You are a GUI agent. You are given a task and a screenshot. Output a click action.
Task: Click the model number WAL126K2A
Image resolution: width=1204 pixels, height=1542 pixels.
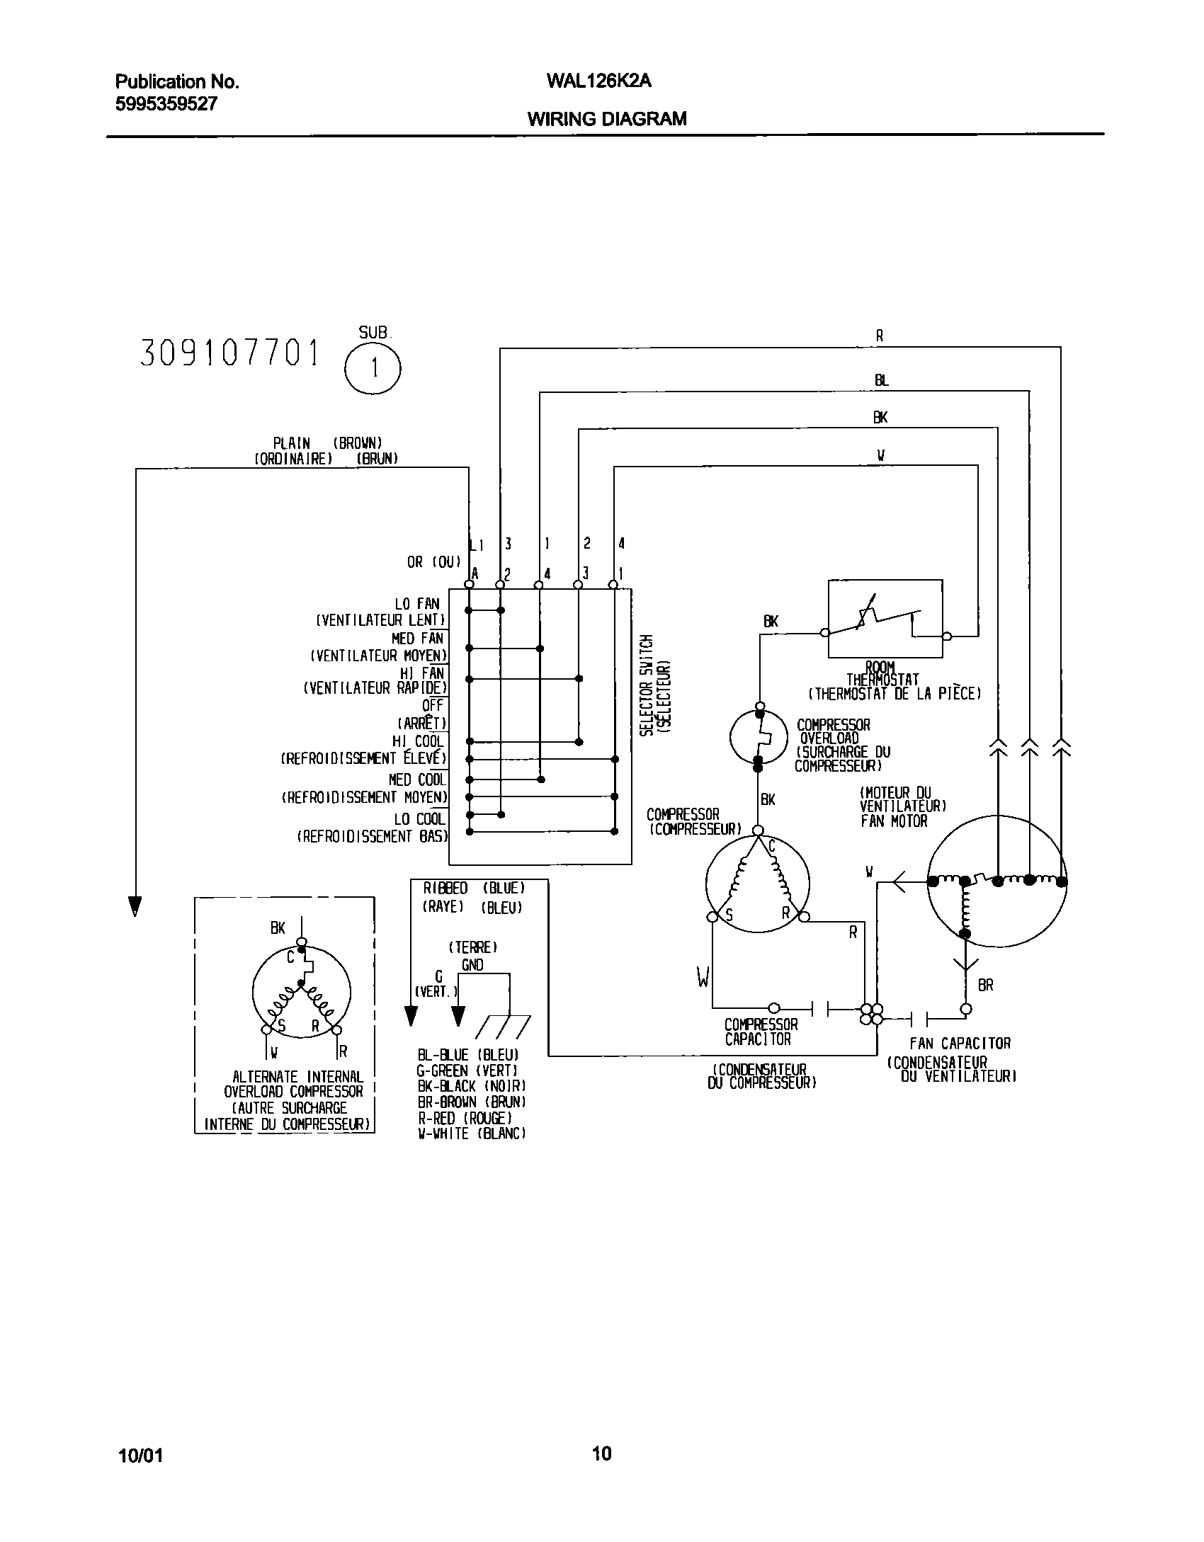point(598,81)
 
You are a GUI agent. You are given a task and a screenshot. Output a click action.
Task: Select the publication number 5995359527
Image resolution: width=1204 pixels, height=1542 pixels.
point(166,104)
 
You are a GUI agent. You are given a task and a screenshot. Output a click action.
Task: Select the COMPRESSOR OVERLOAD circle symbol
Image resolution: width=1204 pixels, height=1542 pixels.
point(758,737)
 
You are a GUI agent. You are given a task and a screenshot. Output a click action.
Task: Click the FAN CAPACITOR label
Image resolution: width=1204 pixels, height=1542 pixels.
point(960,1043)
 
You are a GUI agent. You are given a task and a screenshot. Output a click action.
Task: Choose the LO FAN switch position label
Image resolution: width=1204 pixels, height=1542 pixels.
point(417,604)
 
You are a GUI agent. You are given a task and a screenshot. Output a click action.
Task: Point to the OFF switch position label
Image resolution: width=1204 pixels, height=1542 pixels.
point(432,705)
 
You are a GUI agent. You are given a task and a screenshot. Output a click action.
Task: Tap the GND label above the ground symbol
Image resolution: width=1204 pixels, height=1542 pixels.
point(472,965)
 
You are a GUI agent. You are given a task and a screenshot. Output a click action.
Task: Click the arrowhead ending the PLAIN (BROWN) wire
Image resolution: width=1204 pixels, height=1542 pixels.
point(135,906)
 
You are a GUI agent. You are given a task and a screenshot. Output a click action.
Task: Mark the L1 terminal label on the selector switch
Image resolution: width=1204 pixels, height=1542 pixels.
point(477,544)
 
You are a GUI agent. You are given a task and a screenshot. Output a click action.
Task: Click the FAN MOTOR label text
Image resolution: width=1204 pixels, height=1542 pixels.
point(894,821)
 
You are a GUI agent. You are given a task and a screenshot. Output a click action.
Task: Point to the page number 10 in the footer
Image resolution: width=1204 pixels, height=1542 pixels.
point(601,1454)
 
